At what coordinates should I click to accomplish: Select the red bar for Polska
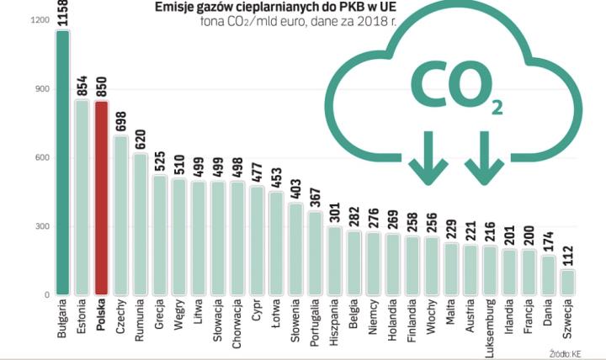(101, 198)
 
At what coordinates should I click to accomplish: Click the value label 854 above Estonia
(82, 84)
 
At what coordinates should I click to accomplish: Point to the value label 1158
(62, 13)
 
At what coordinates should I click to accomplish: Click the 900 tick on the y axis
(40, 89)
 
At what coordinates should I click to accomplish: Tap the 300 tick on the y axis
(40, 227)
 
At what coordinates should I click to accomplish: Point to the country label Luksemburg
(490, 327)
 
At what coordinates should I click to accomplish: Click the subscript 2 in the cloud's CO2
(497, 107)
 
